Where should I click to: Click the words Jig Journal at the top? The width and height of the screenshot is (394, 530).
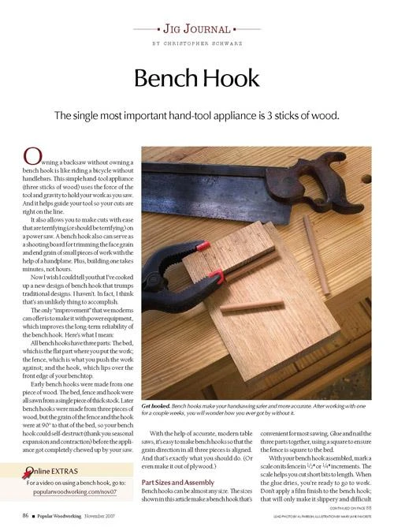point(196,28)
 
